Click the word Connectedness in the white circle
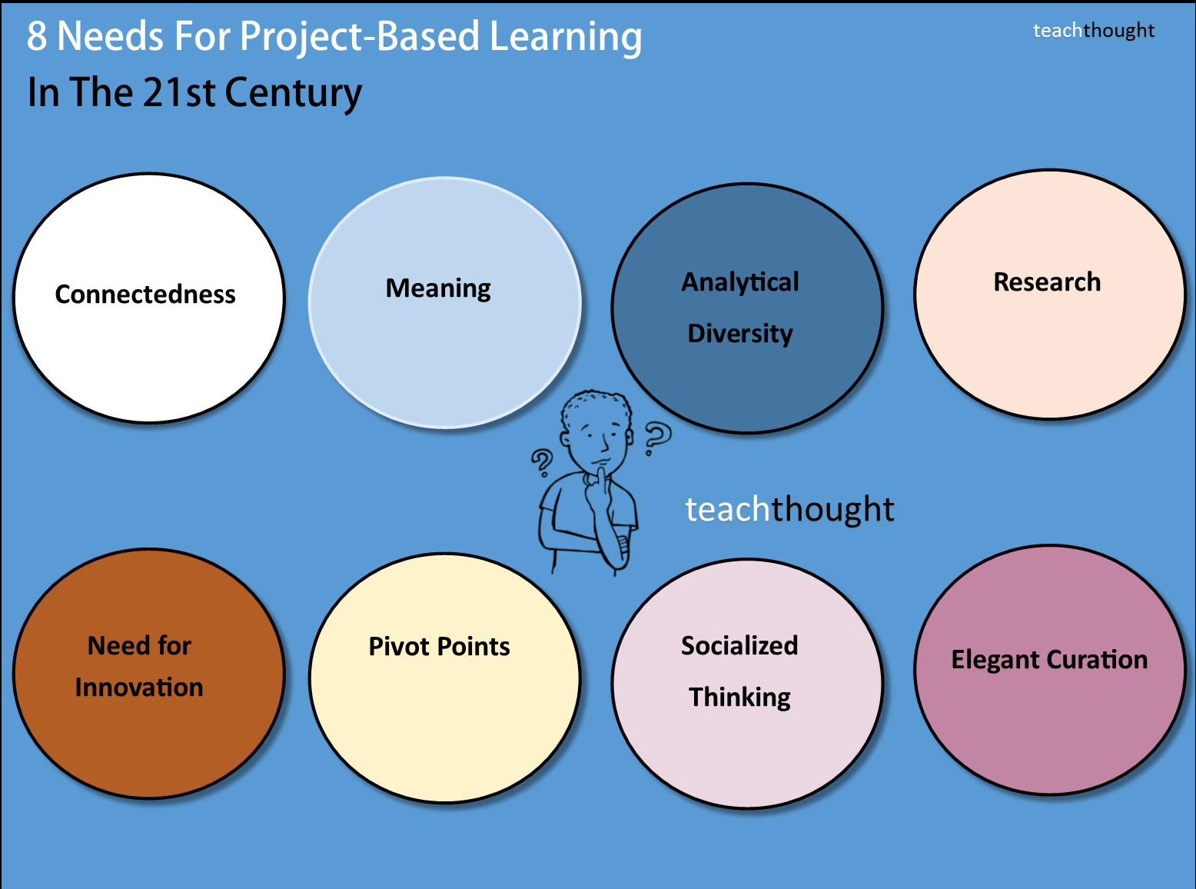tap(145, 295)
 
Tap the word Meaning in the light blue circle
tap(438, 288)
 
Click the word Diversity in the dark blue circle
tap(740, 334)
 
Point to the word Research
tap(1047, 281)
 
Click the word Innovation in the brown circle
tap(139, 688)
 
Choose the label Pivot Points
tap(439, 646)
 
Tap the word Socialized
tap(739, 646)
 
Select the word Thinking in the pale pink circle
tap(739, 697)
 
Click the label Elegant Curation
tap(1049, 660)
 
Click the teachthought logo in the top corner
tap(1094, 31)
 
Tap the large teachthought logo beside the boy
tap(789, 509)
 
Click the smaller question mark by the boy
tap(543, 462)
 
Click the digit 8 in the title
tap(37, 36)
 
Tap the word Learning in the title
tap(566, 37)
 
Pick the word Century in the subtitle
tap(293, 93)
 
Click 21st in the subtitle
tap(179, 92)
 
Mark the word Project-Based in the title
tap(359, 37)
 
